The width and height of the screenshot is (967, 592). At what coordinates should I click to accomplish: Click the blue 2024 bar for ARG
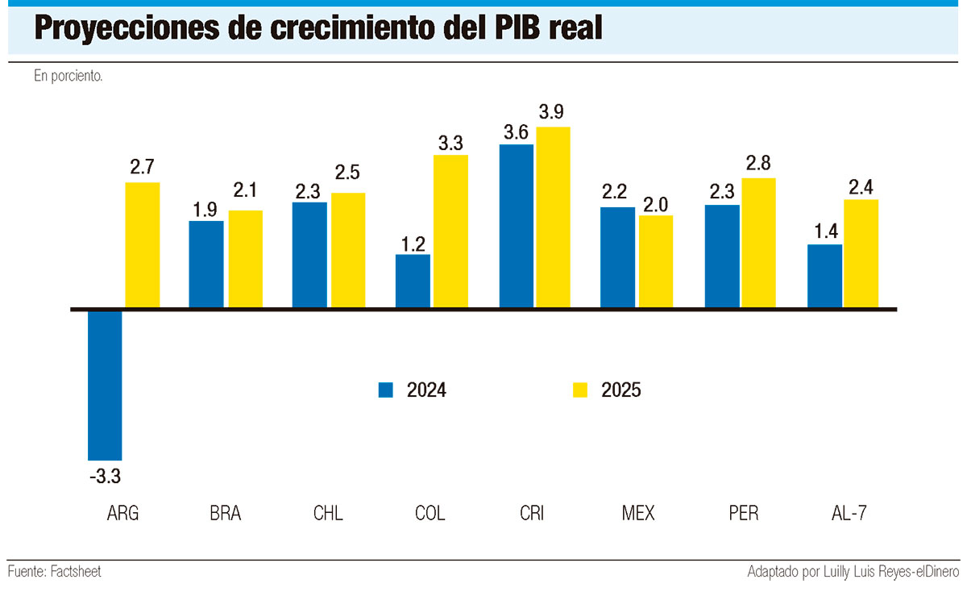[105, 384]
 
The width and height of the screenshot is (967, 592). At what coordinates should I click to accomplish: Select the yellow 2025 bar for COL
[450, 231]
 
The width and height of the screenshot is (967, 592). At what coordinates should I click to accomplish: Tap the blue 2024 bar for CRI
[517, 227]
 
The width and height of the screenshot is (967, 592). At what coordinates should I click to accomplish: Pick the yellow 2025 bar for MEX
[656, 262]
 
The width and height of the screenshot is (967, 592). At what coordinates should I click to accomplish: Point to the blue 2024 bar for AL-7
[824, 277]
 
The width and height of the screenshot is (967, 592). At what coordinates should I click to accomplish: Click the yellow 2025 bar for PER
[758, 244]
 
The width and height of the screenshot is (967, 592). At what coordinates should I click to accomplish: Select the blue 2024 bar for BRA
[206, 265]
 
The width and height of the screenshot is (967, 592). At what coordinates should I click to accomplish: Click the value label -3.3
[105, 477]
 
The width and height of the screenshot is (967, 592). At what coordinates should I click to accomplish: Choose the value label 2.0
[656, 203]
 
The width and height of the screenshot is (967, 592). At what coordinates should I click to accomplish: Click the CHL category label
[328, 514]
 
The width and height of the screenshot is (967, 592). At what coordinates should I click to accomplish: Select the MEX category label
[638, 514]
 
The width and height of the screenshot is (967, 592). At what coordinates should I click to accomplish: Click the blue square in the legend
[386, 390]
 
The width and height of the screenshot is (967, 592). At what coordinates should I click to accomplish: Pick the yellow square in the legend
[580, 390]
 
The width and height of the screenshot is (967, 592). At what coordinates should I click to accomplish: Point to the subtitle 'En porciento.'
[68, 77]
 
